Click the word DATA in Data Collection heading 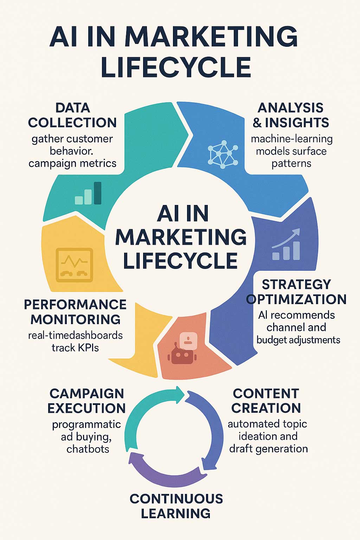(73, 108)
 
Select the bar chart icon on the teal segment (88, 193)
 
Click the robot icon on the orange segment (182, 348)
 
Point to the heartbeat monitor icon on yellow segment (75, 265)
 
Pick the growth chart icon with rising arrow (286, 244)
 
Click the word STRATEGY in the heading (296, 284)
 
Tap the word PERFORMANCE (75, 304)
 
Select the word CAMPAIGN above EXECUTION (87, 394)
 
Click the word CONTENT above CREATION (266, 394)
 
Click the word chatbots (88, 449)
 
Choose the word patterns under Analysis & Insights (291, 164)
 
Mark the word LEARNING (176, 514)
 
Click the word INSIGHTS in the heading (297, 122)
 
